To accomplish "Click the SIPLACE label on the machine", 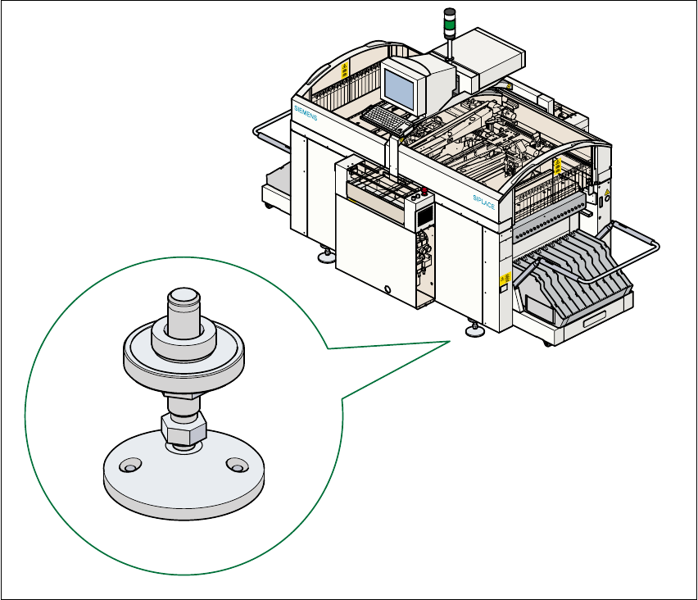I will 484,201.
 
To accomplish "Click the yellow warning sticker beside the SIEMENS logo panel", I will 344,67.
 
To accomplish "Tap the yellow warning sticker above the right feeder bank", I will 559,166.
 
